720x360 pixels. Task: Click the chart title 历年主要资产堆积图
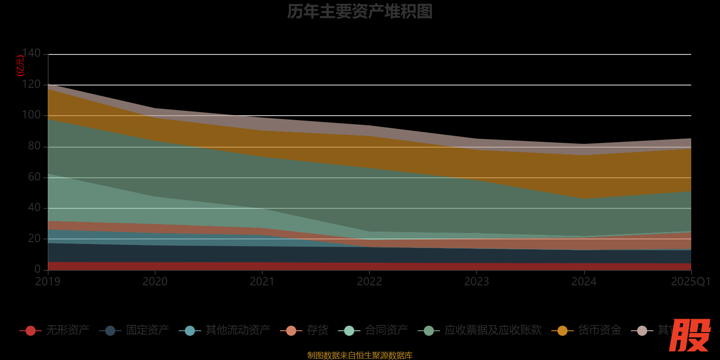point(360,12)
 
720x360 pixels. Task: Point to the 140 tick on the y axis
point(31,54)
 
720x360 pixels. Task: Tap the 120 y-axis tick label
point(31,85)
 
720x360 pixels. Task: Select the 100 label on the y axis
point(31,115)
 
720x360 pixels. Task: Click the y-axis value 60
point(34,177)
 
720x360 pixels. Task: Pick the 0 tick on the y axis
point(37,269)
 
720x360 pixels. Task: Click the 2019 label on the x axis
point(48,282)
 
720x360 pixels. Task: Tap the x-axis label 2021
point(262,282)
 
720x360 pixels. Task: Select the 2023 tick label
point(477,282)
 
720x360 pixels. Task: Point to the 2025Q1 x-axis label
point(690,282)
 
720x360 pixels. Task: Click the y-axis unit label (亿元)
point(20,66)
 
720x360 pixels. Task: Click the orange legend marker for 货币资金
point(562,331)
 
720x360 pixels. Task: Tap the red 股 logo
point(689,335)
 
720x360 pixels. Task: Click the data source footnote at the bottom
point(360,355)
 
